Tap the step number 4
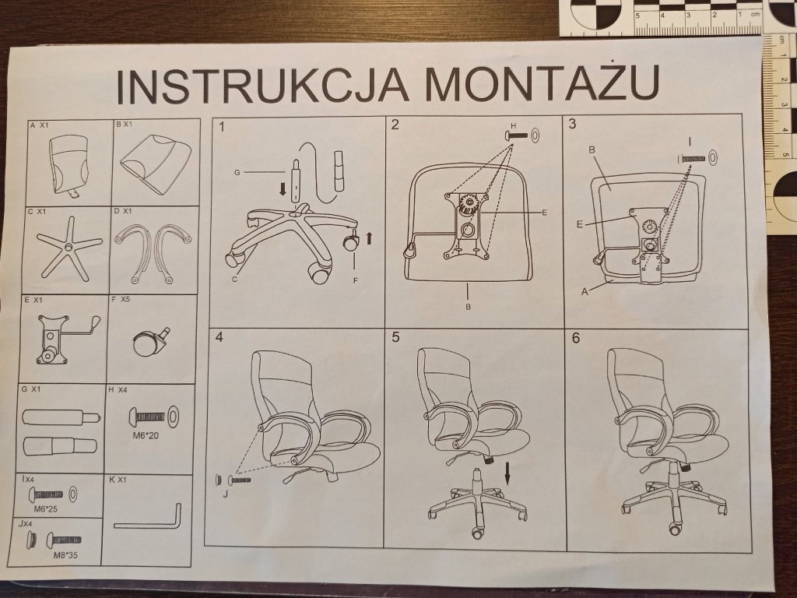click(219, 337)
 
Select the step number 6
click(575, 338)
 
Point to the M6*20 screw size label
click(146, 435)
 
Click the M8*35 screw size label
click(65, 555)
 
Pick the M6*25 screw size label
click(46, 508)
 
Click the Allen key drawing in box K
click(148, 516)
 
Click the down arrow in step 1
click(282, 190)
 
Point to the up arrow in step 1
click(370, 237)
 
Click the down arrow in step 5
click(507, 473)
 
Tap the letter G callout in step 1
click(237, 173)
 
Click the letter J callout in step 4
click(225, 494)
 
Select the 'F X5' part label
click(121, 299)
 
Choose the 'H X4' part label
click(118, 390)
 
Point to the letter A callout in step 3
click(585, 292)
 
